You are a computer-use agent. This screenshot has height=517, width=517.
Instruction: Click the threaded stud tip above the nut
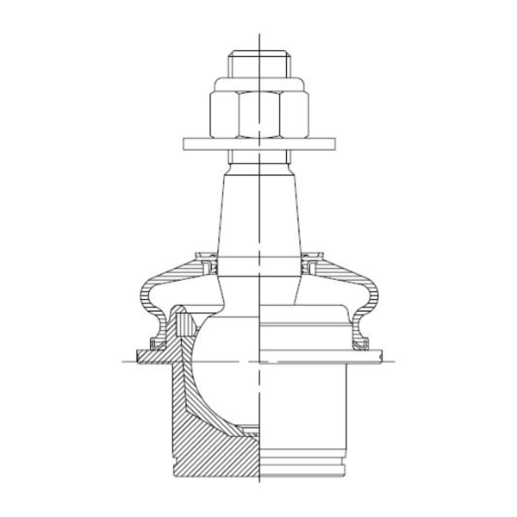point(258,65)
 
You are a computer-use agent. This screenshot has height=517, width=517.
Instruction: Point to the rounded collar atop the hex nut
point(258,84)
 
